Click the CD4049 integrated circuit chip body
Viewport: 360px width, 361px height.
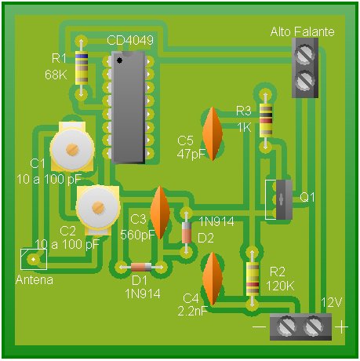click(128, 108)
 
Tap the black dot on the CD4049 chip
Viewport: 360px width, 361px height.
click(119, 60)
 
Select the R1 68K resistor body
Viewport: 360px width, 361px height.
click(82, 67)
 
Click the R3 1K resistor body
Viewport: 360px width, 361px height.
click(266, 120)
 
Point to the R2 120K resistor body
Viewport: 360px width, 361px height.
click(253, 279)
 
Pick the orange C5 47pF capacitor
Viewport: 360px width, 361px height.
click(213, 133)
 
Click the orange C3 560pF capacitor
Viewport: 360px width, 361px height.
click(160, 213)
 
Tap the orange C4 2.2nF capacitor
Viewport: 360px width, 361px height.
click(213, 279)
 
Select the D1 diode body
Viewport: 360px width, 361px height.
click(141, 267)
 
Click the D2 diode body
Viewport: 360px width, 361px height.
click(187, 232)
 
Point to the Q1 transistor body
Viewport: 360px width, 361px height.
click(284, 199)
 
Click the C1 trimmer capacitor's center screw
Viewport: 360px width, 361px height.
click(72, 149)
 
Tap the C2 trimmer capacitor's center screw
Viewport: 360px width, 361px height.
click(98, 208)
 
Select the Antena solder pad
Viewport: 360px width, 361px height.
click(34, 260)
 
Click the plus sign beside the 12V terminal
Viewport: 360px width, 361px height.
click(342, 327)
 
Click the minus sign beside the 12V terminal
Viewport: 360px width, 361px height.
click(260, 326)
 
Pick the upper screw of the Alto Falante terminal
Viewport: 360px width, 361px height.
click(304, 55)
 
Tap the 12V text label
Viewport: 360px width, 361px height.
click(331, 303)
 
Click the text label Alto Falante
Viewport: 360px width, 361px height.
click(303, 31)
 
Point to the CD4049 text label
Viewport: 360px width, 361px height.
click(130, 40)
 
